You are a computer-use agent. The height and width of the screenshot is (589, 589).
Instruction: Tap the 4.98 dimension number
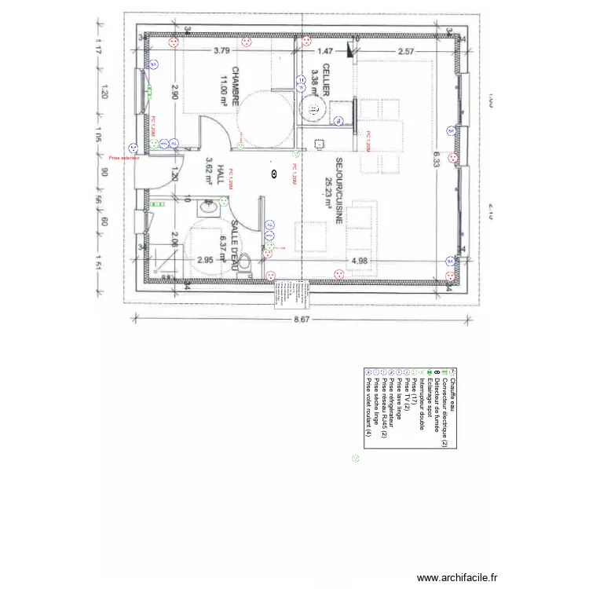click(360, 260)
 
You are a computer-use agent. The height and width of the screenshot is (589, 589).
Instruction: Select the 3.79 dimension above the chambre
click(222, 51)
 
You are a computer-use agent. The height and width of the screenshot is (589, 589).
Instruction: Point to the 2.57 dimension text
click(405, 51)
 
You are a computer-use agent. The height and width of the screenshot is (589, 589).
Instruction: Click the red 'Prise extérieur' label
click(124, 158)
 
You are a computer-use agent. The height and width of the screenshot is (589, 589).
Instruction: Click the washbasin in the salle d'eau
click(208, 208)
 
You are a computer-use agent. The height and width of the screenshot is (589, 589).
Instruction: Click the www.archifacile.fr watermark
click(457, 577)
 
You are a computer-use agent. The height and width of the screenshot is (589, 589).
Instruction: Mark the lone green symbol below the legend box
click(356, 459)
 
